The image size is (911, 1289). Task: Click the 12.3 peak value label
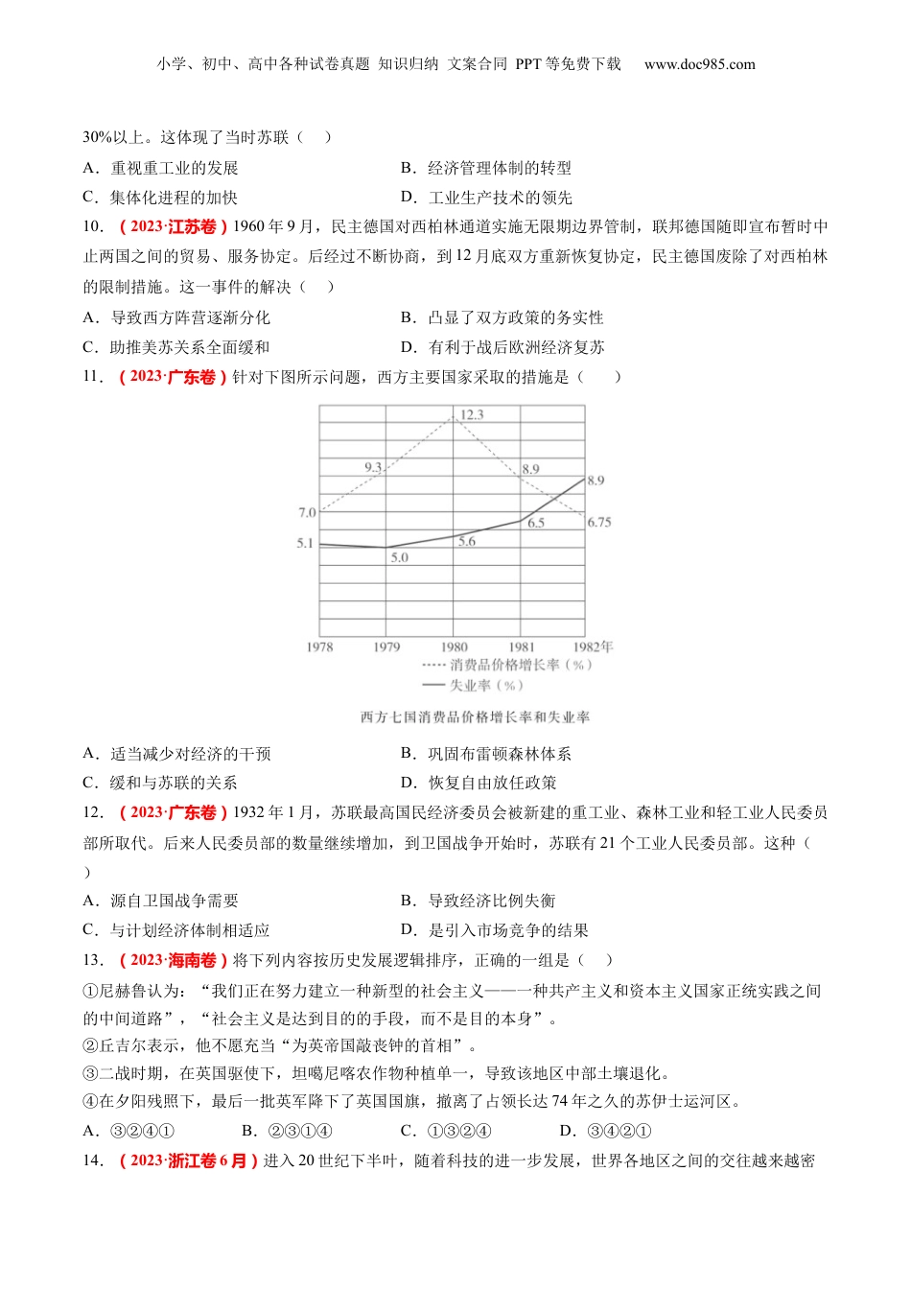[472, 414]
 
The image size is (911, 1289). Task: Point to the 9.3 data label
[373, 467]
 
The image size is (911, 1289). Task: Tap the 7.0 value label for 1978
[307, 513]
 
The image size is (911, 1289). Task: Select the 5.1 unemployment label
[305, 543]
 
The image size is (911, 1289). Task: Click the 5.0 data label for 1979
[399, 557]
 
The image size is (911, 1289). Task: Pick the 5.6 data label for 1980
[466, 542]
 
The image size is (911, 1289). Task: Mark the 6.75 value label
[599, 523]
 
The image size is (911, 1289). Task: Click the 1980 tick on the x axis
[454, 647]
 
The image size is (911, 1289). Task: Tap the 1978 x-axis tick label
[319, 647]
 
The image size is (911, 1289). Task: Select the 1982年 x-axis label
[594, 647]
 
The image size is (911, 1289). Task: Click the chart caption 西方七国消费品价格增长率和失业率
[475, 717]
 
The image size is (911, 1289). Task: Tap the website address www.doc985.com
[699, 64]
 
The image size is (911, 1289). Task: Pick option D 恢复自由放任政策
[479, 783]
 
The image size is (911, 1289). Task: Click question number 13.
[93, 960]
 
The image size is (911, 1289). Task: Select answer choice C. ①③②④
[446, 1131]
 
